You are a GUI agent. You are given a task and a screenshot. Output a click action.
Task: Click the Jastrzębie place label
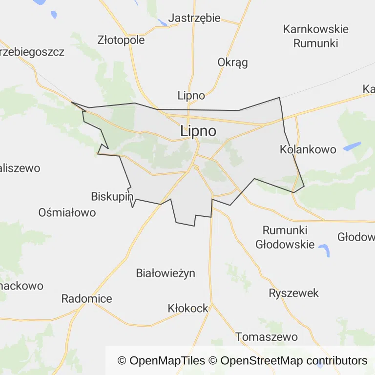pos(194,19)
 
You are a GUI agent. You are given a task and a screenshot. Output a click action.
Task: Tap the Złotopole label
pos(121,40)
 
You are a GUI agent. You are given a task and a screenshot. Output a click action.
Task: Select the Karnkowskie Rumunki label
pos(315,36)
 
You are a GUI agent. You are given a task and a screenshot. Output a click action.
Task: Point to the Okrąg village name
pos(232,62)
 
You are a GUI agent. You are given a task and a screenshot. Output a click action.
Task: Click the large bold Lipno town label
pos(198,131)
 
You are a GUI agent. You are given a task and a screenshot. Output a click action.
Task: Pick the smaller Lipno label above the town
pos(191,95)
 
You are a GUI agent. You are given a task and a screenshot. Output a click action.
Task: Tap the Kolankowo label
pos(308,149)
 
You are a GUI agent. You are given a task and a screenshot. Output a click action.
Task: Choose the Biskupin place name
pos(112,196)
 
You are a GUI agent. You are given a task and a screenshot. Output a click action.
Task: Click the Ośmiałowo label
pos(67,212)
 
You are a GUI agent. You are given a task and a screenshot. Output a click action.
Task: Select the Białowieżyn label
pos(166,273)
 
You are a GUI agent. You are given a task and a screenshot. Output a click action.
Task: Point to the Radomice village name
pos(86,299)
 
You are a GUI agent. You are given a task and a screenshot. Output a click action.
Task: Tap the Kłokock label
pos(188,309)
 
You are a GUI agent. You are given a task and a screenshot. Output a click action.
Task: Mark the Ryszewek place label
pos(294,293)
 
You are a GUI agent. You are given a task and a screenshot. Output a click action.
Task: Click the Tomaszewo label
pos(267,337)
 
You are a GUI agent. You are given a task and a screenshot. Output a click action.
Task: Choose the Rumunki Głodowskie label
pos(285,237)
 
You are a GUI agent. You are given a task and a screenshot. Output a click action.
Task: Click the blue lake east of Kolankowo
pos(352,146)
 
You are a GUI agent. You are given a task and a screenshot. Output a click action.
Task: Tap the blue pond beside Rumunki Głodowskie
pos(323,250)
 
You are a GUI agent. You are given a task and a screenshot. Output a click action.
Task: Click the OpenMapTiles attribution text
pos(161,361)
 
